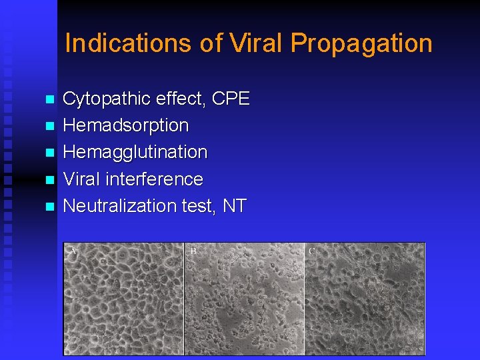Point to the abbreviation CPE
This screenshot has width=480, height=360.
pos(230,99)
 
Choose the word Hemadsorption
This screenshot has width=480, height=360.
pos(125,125)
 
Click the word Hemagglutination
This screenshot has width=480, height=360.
pos(135,153)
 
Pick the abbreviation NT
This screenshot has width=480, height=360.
pos(235,205)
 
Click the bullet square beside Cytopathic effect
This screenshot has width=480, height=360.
pos(48,100)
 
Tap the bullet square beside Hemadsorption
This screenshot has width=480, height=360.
pos(48,127)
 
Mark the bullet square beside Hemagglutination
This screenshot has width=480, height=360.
pos(48,153)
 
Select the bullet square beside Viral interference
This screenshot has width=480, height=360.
pos(48,180)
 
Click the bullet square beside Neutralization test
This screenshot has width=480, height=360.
pos(48,207)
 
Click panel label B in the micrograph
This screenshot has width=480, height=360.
pos(193,251)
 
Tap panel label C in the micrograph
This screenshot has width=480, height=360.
pos(312,251)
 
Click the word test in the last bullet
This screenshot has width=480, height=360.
pos(199,205)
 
